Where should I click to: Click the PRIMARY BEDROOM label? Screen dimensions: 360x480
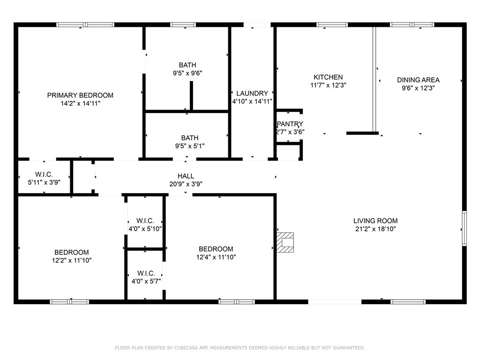[80, 95]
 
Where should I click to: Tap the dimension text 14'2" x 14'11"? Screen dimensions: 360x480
[80, 104]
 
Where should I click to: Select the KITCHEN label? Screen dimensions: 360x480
[328, 77]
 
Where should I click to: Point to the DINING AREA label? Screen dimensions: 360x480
[418, 80]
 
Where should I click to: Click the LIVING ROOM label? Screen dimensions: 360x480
[375, 221]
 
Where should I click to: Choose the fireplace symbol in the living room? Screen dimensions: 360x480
[285, 242]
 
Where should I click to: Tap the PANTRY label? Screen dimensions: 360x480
[290, 124]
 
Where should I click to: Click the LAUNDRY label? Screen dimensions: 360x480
[252, 93]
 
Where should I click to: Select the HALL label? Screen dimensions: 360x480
[186, 176]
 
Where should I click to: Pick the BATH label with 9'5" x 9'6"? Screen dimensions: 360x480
[187, 65]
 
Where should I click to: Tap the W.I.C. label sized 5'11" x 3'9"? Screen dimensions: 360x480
[44, 174]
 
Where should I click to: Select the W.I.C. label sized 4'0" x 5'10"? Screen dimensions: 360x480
[145, 221]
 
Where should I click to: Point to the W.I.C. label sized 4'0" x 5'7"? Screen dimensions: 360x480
[146, 273]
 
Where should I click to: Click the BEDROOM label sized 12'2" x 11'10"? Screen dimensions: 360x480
[71, 252]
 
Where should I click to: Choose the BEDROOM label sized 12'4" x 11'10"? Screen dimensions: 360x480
[216, 249]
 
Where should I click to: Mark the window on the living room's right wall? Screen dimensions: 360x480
[464, 228]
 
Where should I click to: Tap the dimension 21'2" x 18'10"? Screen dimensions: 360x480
[375, 229]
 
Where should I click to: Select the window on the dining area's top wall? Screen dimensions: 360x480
[405, 24]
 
